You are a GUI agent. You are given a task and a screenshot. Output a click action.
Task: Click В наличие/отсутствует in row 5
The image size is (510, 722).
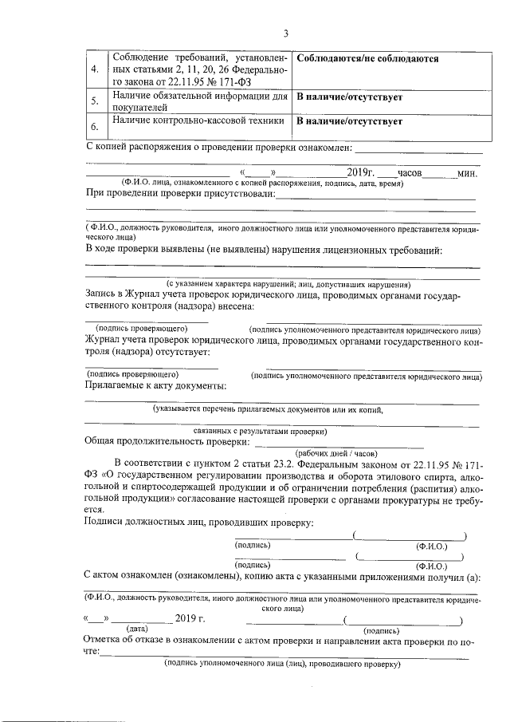[349, 97]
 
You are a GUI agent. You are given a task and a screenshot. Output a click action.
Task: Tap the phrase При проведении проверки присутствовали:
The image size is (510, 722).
[180, 194]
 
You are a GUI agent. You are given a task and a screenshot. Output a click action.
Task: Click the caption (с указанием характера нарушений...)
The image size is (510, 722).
[288, 283]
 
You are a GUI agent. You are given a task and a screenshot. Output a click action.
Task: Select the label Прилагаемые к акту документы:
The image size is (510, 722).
[155, 385]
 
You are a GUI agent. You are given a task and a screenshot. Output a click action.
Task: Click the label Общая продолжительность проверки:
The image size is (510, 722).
[167, 440]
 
